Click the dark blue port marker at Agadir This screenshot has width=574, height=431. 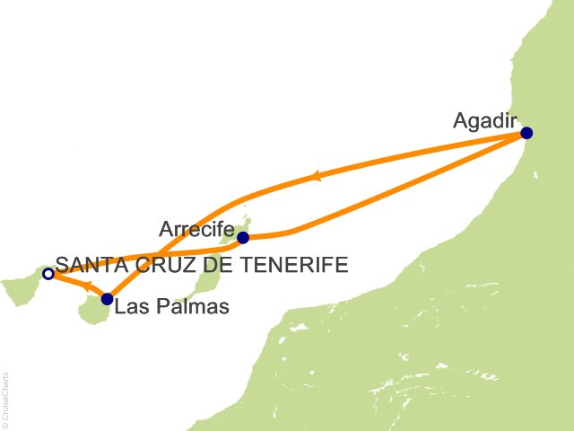click(x=526, y=134)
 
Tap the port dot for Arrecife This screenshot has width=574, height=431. click(x=242, y=238)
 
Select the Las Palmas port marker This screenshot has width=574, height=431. click(x=108, y=299)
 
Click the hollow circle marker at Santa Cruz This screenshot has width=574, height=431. click(x=48, y=273)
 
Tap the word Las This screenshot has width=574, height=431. click(x=131, y=307)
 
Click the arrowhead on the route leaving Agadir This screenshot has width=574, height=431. click(x=316, y=178)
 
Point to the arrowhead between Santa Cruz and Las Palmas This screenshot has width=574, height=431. click(x=88, y=287)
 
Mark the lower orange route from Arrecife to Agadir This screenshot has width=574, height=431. click(x=404, y=191)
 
